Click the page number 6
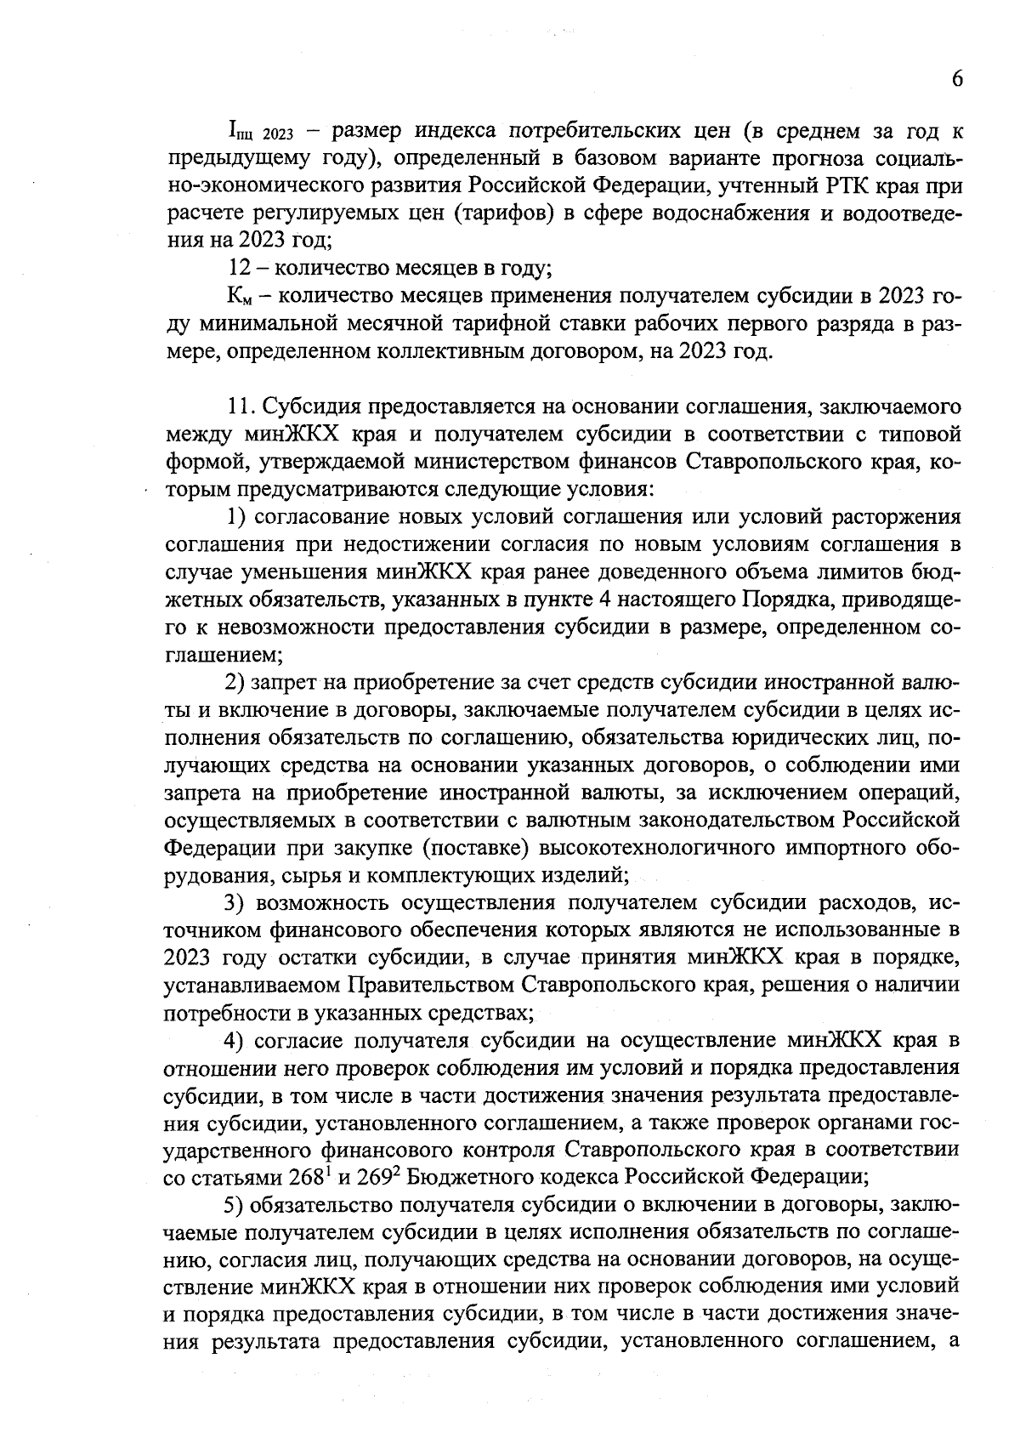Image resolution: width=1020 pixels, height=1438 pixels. pyautogui.click(x=957, y=78)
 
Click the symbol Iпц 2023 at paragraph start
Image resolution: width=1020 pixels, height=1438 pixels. pyautogui.click(x=259, y=133)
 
